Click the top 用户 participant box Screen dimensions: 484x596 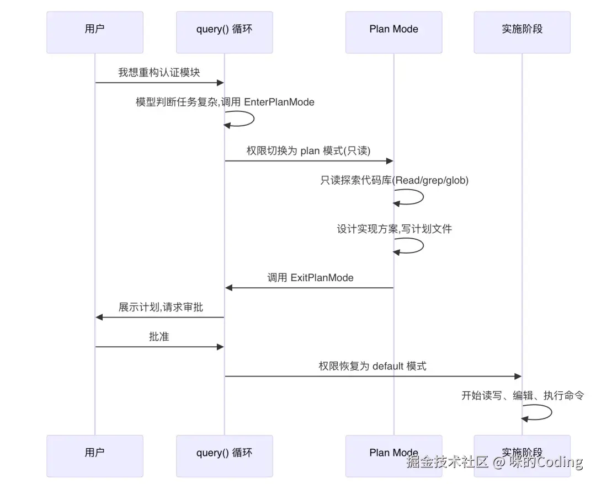[x=94, y=32]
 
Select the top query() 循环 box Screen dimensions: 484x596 [x=224, y=32]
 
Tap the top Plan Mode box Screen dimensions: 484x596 [x=393, y=32]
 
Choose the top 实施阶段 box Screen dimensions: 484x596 [x=521, y=32]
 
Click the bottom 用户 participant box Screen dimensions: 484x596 [x=94, y=455]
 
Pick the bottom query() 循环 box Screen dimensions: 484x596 [x=224, y=455]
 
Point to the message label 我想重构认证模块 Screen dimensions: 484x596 [x=159, y=72]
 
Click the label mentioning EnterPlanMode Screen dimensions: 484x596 [x=225, y=102]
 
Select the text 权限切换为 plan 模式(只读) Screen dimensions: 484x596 [x=308, y=151]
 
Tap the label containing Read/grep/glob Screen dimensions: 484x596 [x=394, y=180]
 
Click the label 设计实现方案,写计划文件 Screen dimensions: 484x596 [x=394, y=229]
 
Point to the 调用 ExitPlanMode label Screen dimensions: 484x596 [x=310, y=278]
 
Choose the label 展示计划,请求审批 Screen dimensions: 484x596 [x=161, y=307]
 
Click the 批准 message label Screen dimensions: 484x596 [x=159, y=336]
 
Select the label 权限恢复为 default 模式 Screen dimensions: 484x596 [x=372, y=366]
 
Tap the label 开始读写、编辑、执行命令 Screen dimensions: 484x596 [x=522, y=395]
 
